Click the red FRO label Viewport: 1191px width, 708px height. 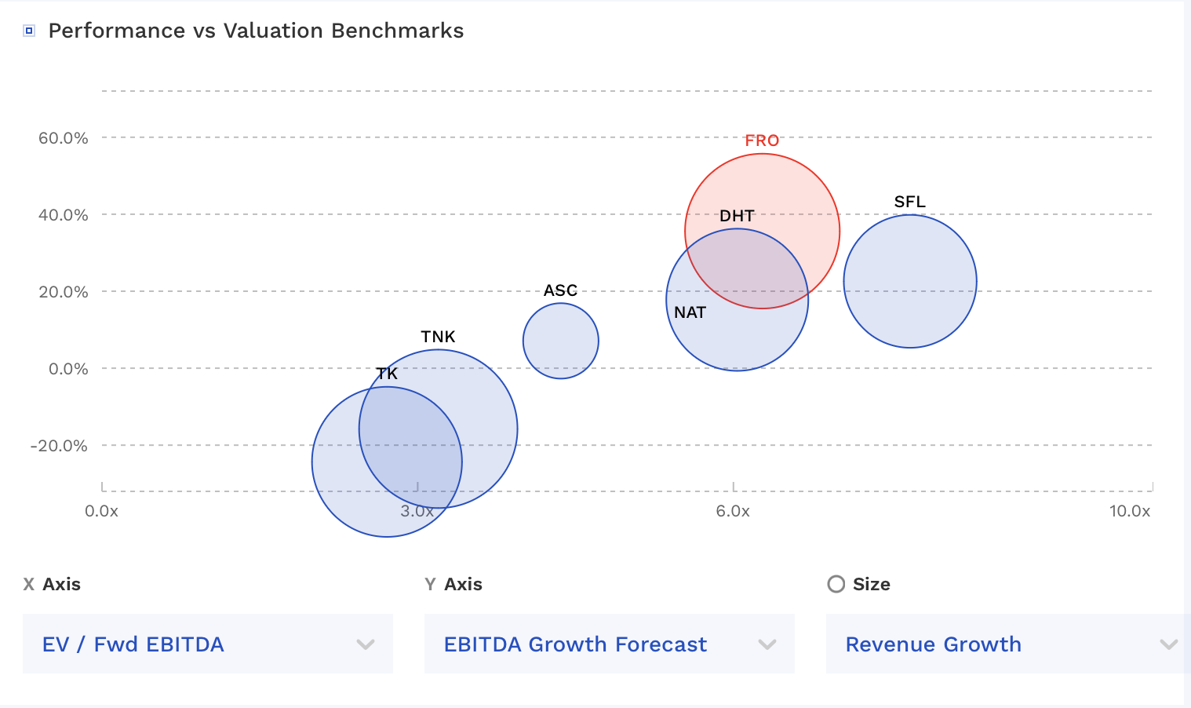pos(762,141)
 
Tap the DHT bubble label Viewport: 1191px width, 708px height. pos(737,216)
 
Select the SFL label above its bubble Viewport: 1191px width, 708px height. pos(909,202)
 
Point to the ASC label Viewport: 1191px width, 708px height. pos(560,290)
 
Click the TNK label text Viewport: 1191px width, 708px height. pos(438,337)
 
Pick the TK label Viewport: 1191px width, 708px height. pos(387,374)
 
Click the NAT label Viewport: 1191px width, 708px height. pos(690,312)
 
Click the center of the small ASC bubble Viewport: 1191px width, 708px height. pos(560,341)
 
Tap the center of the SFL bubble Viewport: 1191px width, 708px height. pos(909,281)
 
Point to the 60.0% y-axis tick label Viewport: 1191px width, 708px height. pos(64,138)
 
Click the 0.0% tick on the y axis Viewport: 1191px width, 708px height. pos(68,369)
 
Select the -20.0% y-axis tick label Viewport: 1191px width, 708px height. pos(59,446)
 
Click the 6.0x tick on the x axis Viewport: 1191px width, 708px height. pos(733,511)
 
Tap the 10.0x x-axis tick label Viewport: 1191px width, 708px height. pos(1129,511)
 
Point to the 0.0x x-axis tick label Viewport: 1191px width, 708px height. pos(102,511)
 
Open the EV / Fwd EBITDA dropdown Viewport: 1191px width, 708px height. pos(207,644)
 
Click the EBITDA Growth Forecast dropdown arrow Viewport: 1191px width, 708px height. pos(767,644)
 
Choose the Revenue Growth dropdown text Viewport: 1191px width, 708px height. pos(933,644)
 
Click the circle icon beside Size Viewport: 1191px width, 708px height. pos(836,584)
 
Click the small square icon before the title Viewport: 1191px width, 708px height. pos(29,31)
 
